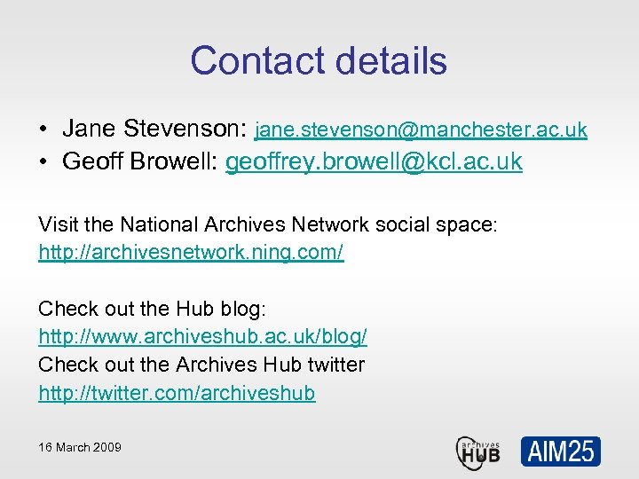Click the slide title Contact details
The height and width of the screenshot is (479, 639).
318,60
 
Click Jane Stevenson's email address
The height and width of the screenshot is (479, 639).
421,130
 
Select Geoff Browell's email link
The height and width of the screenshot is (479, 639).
374,163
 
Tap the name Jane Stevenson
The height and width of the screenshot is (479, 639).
154,129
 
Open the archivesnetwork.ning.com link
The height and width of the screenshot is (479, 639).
191,253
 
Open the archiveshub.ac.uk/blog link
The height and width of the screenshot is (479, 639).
202,337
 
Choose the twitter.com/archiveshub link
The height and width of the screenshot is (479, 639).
177,392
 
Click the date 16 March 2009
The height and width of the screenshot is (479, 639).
80,447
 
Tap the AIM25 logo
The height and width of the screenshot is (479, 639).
560,452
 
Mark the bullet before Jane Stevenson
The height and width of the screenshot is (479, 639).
43,130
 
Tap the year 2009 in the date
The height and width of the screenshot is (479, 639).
106,447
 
